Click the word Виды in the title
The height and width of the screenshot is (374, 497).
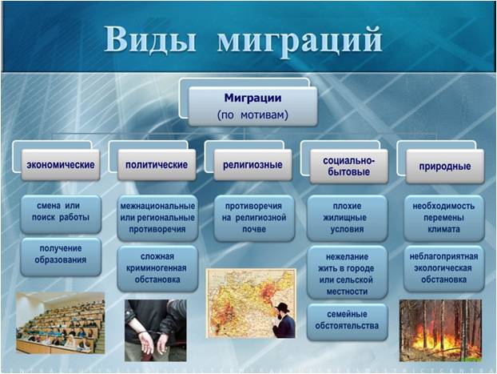point(150,39)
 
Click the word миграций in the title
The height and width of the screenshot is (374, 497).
point(300,42)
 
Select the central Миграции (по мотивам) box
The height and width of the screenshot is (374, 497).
point(252,107)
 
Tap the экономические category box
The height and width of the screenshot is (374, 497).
point(61,165)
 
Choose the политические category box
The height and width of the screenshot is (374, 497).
point(157,165)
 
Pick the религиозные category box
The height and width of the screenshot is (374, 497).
point(252,165)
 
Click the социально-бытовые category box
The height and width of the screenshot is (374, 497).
point(348,167)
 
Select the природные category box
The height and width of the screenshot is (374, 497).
point(445,167)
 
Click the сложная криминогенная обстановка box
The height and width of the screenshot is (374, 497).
point(157,268)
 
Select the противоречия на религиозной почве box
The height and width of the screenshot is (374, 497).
point(254,218)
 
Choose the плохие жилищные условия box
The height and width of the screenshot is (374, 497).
point(347,218)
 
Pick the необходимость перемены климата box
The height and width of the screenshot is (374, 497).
point(443,218)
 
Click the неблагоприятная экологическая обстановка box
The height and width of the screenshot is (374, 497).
point(443,268)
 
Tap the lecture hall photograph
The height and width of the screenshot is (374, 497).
point(60,323)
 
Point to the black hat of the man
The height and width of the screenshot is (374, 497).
point(282,308)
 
